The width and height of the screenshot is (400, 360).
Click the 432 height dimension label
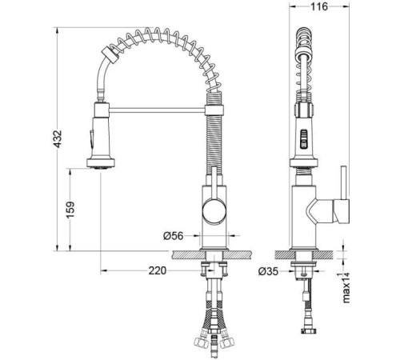coord(58,139)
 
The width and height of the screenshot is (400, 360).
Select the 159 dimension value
coord(70,210)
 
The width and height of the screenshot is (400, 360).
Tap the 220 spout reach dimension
coord(158,270)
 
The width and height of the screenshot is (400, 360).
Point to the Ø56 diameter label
coord(174,236)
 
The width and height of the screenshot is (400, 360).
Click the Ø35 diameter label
coord(268,271)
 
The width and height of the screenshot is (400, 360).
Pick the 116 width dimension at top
coord(319,6)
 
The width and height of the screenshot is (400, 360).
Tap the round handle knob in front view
coord(214,212)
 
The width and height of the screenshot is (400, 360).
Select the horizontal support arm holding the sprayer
coord(157,110)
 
